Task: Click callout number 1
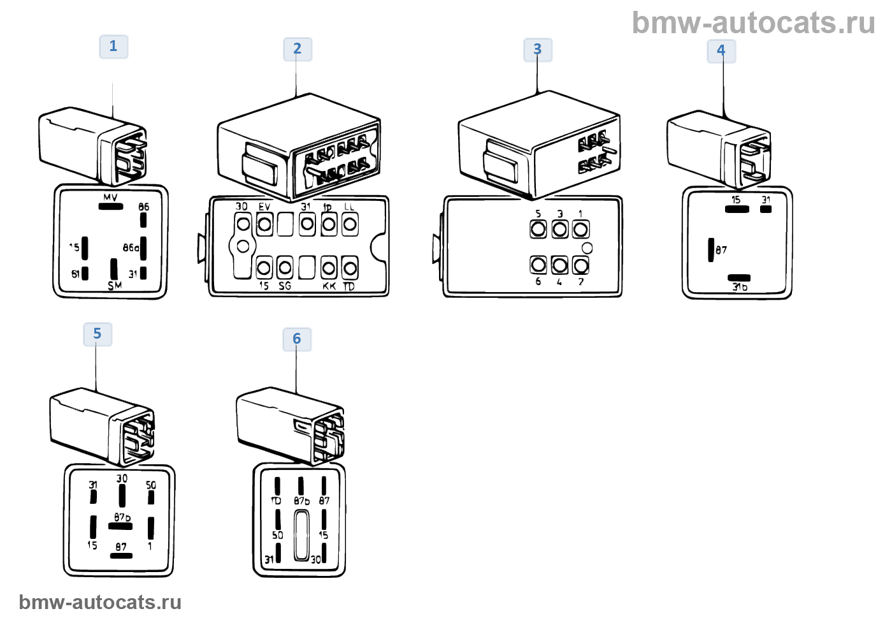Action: tap(113, 47)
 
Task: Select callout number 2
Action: tap(298, 49)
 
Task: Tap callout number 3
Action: tap(538, 50)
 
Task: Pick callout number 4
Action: tap(721, 50)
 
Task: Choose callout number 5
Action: tap(97, 334)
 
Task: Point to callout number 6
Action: tap(297, 339)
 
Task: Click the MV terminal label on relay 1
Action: tap(110, 197)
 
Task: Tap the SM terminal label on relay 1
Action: tap(115, 286)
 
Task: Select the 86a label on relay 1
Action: tap(131, 247)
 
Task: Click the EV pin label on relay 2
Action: tap(264, 207)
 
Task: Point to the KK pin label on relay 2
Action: tap(329, 286)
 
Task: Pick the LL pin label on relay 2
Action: tap(349, 207)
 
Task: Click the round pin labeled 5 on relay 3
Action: tap(538, 228)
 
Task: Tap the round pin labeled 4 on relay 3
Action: tap(559, 264)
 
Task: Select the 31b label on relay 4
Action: tap(740, 287)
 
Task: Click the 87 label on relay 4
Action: tap(721, 250)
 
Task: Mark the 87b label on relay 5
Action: tap(122, 517)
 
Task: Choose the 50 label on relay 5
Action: tap(151, 485)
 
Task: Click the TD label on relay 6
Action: tap(276, 501)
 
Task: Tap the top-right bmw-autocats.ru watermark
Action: tap(753, 24)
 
